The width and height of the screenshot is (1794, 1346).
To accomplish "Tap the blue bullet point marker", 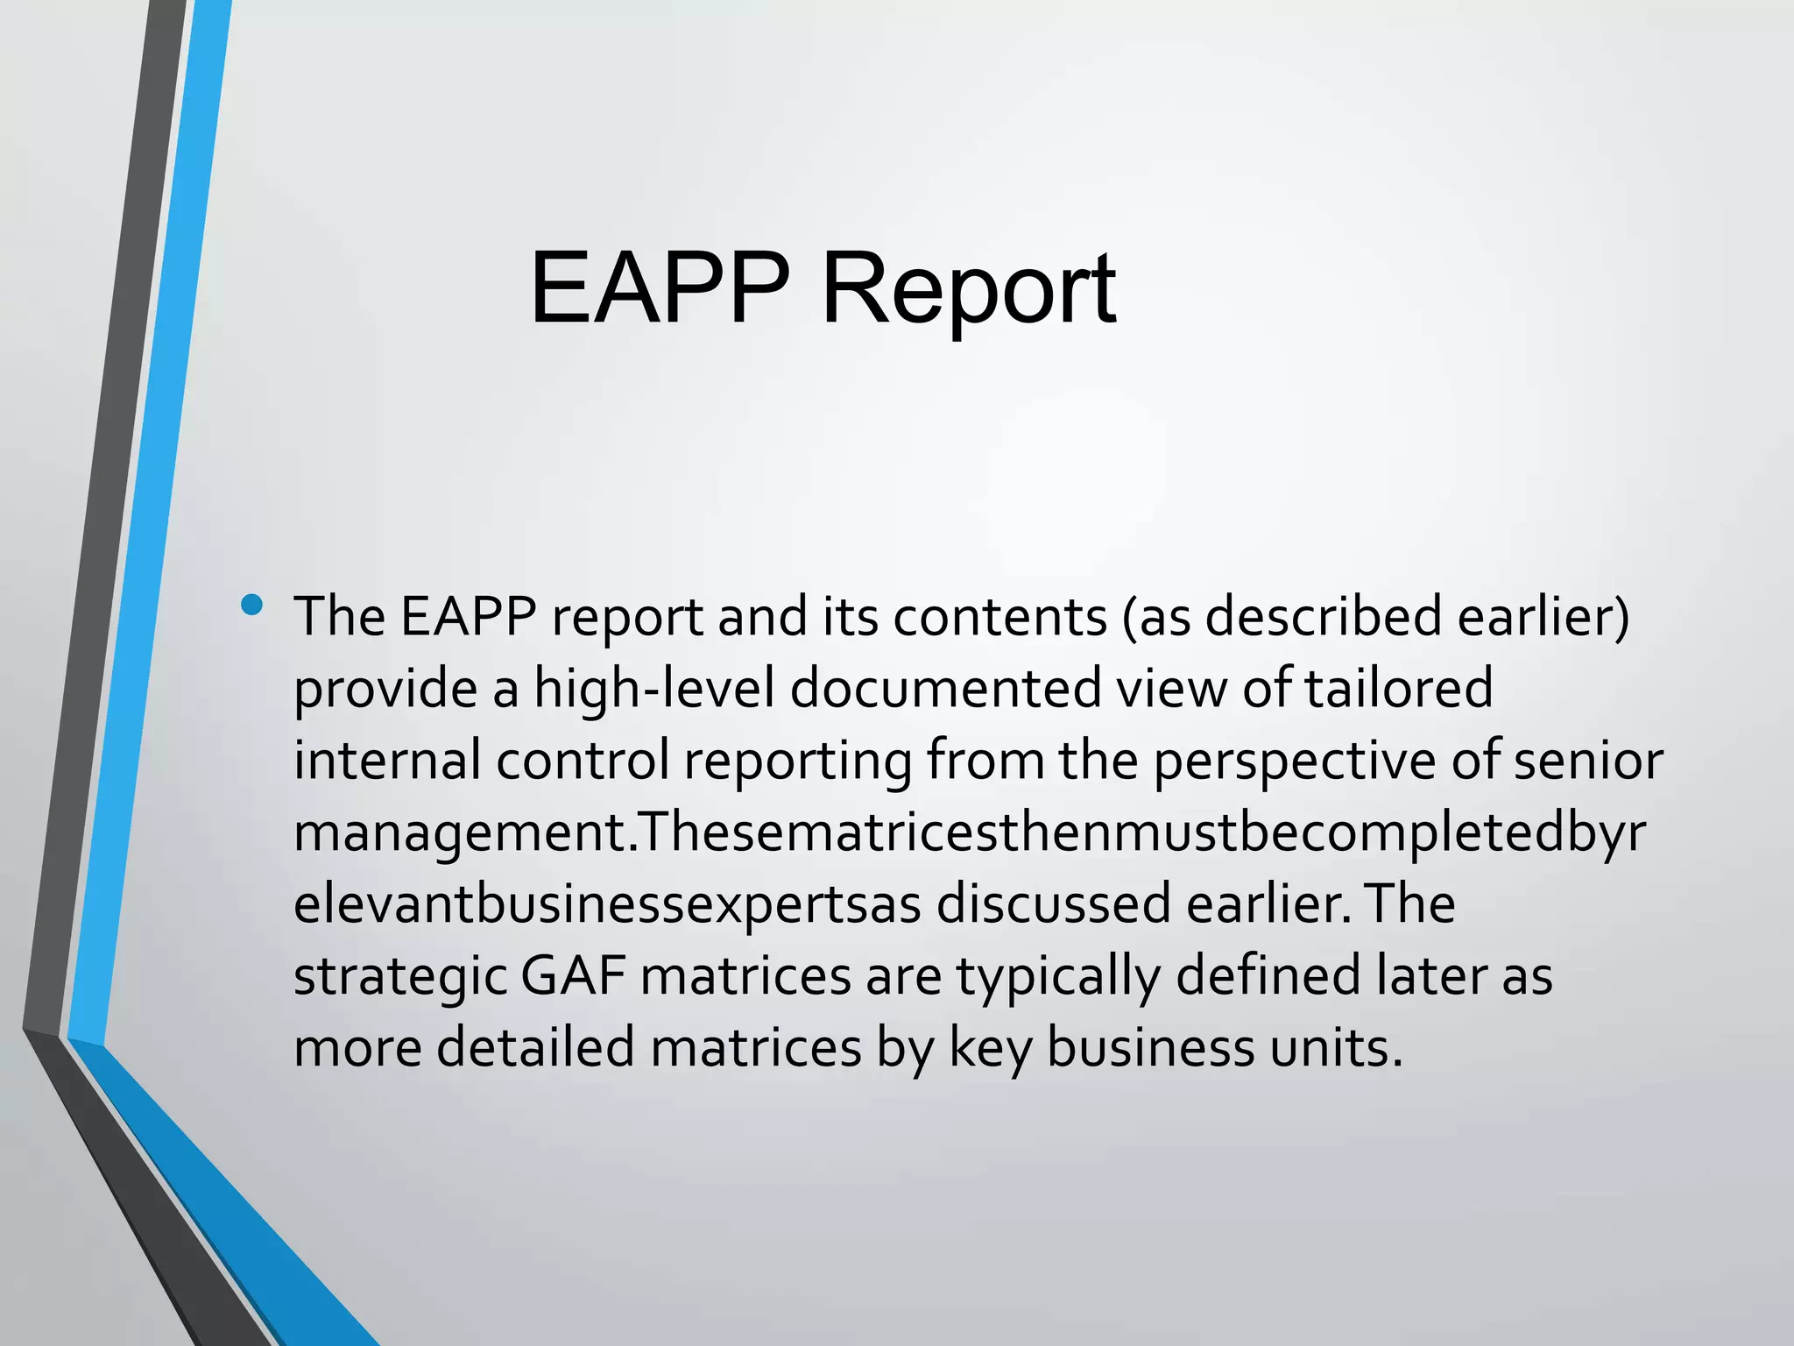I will click(253, 605).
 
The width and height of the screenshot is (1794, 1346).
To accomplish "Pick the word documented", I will click(945, 688).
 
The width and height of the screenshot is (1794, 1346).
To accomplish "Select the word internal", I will click(386, 760).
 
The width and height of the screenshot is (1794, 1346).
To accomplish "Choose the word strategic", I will click(399, 977).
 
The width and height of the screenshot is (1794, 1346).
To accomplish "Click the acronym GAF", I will click(573, 975).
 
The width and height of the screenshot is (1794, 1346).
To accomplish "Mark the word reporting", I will click(798, 762).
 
